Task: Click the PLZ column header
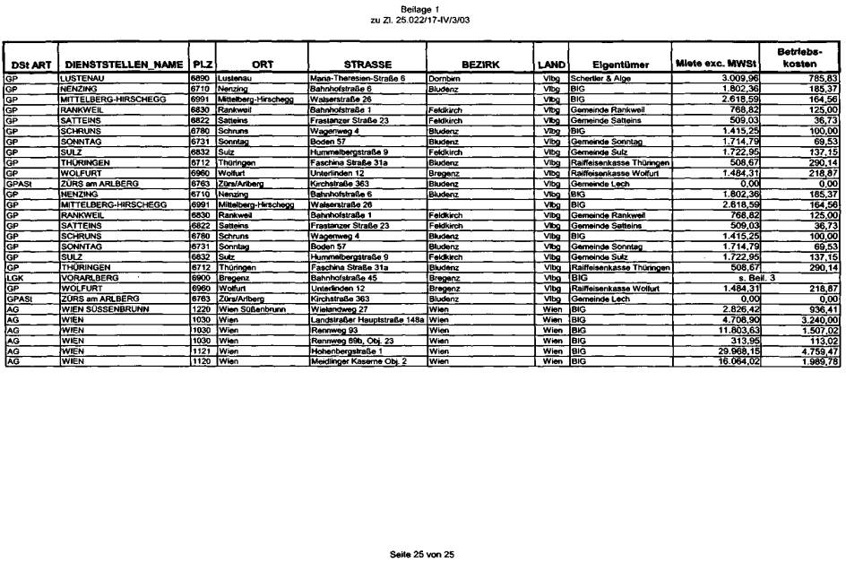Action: tap(201, 65)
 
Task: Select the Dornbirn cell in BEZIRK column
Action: tap(445, 79)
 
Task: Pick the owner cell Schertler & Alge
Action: tap(600, 79)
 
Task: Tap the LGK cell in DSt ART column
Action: tap(13, 278)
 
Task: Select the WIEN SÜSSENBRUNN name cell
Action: tap(99, 307)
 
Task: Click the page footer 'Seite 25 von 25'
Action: tap(422, 554)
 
